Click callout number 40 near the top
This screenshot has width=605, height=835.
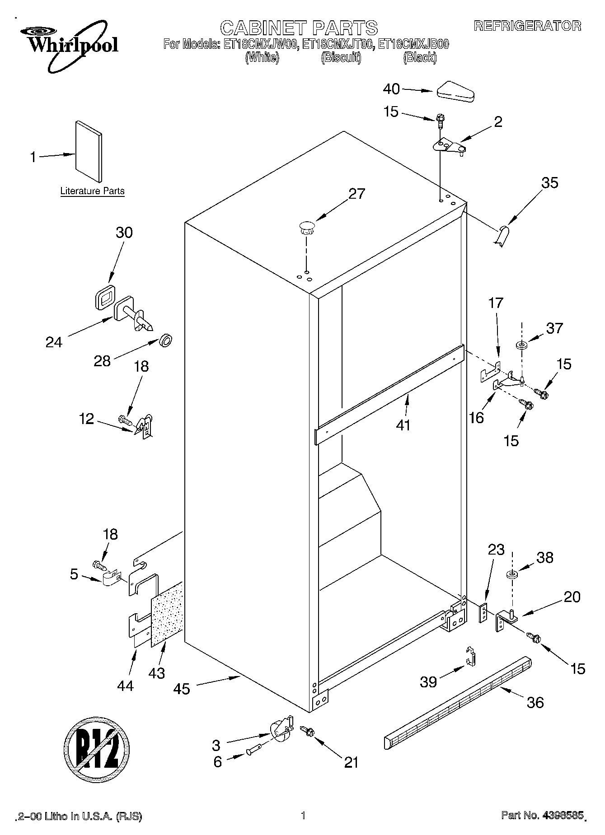click(391, 89)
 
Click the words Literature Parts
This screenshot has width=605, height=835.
click(93, 191)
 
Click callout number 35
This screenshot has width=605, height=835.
click(549, 182)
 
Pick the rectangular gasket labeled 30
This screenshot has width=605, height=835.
click(104, 297)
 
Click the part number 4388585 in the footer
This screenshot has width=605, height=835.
click(562, 815)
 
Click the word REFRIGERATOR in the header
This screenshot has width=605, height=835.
click(527, 26)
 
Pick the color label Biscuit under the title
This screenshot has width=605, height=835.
click(341, 58)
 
